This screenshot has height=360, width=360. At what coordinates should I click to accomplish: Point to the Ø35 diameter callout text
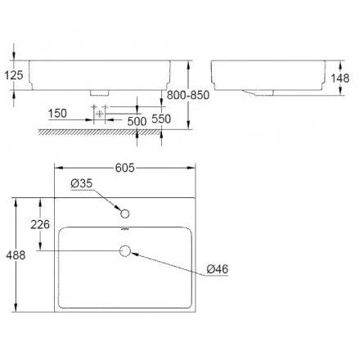coord(82,185)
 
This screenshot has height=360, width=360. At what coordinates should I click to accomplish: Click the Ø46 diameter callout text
coord(218,268)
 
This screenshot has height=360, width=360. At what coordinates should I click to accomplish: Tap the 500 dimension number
coord(137,120)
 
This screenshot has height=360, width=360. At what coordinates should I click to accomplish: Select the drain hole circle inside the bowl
coord(125,252)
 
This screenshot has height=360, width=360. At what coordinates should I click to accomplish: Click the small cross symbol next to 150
coord(98,112)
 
